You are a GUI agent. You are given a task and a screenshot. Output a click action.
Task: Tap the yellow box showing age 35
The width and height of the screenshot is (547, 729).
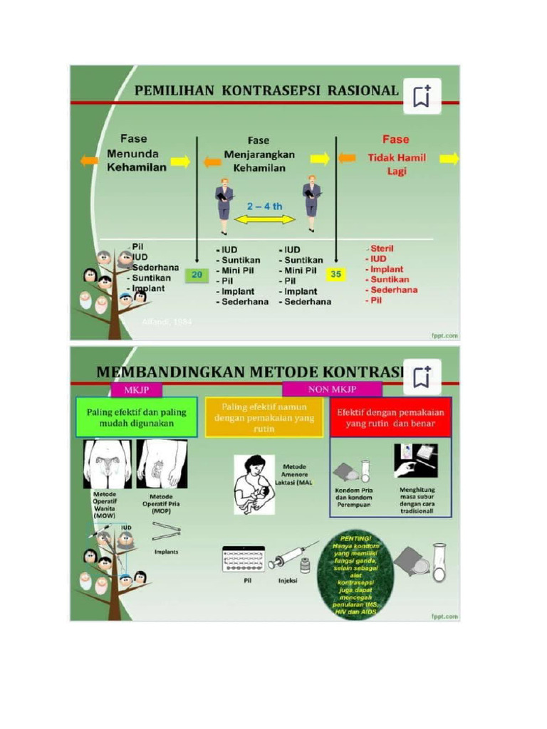click(x=335, y=274)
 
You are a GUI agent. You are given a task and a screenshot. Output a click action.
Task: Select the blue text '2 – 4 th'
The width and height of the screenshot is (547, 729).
click(x=265, y=206)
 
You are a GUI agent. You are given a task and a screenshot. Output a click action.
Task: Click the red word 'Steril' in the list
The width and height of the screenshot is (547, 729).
click(x=382, y=248)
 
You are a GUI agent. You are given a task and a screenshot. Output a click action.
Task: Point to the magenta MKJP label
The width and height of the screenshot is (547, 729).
click(x=136, y=389)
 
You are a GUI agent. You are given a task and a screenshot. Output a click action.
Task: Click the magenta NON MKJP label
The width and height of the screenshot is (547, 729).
click(x=332, y=389)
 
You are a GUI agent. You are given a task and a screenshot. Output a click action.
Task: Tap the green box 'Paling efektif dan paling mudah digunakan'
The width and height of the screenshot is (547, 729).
click(x=136, y=417)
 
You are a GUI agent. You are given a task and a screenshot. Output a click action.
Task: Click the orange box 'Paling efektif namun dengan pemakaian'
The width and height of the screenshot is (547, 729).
click(x=264, y=417)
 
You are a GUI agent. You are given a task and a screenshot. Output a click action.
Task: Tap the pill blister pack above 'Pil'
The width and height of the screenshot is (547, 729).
click(x=243, y=559)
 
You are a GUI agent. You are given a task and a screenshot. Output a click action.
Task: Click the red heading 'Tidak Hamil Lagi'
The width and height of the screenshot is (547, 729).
click(x=397, y=164)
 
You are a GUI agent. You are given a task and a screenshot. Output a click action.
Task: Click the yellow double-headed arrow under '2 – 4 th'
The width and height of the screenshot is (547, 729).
click(x=265, y=220)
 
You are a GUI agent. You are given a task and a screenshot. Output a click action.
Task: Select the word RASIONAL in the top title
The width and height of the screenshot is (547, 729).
click(x=363, y=90)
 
